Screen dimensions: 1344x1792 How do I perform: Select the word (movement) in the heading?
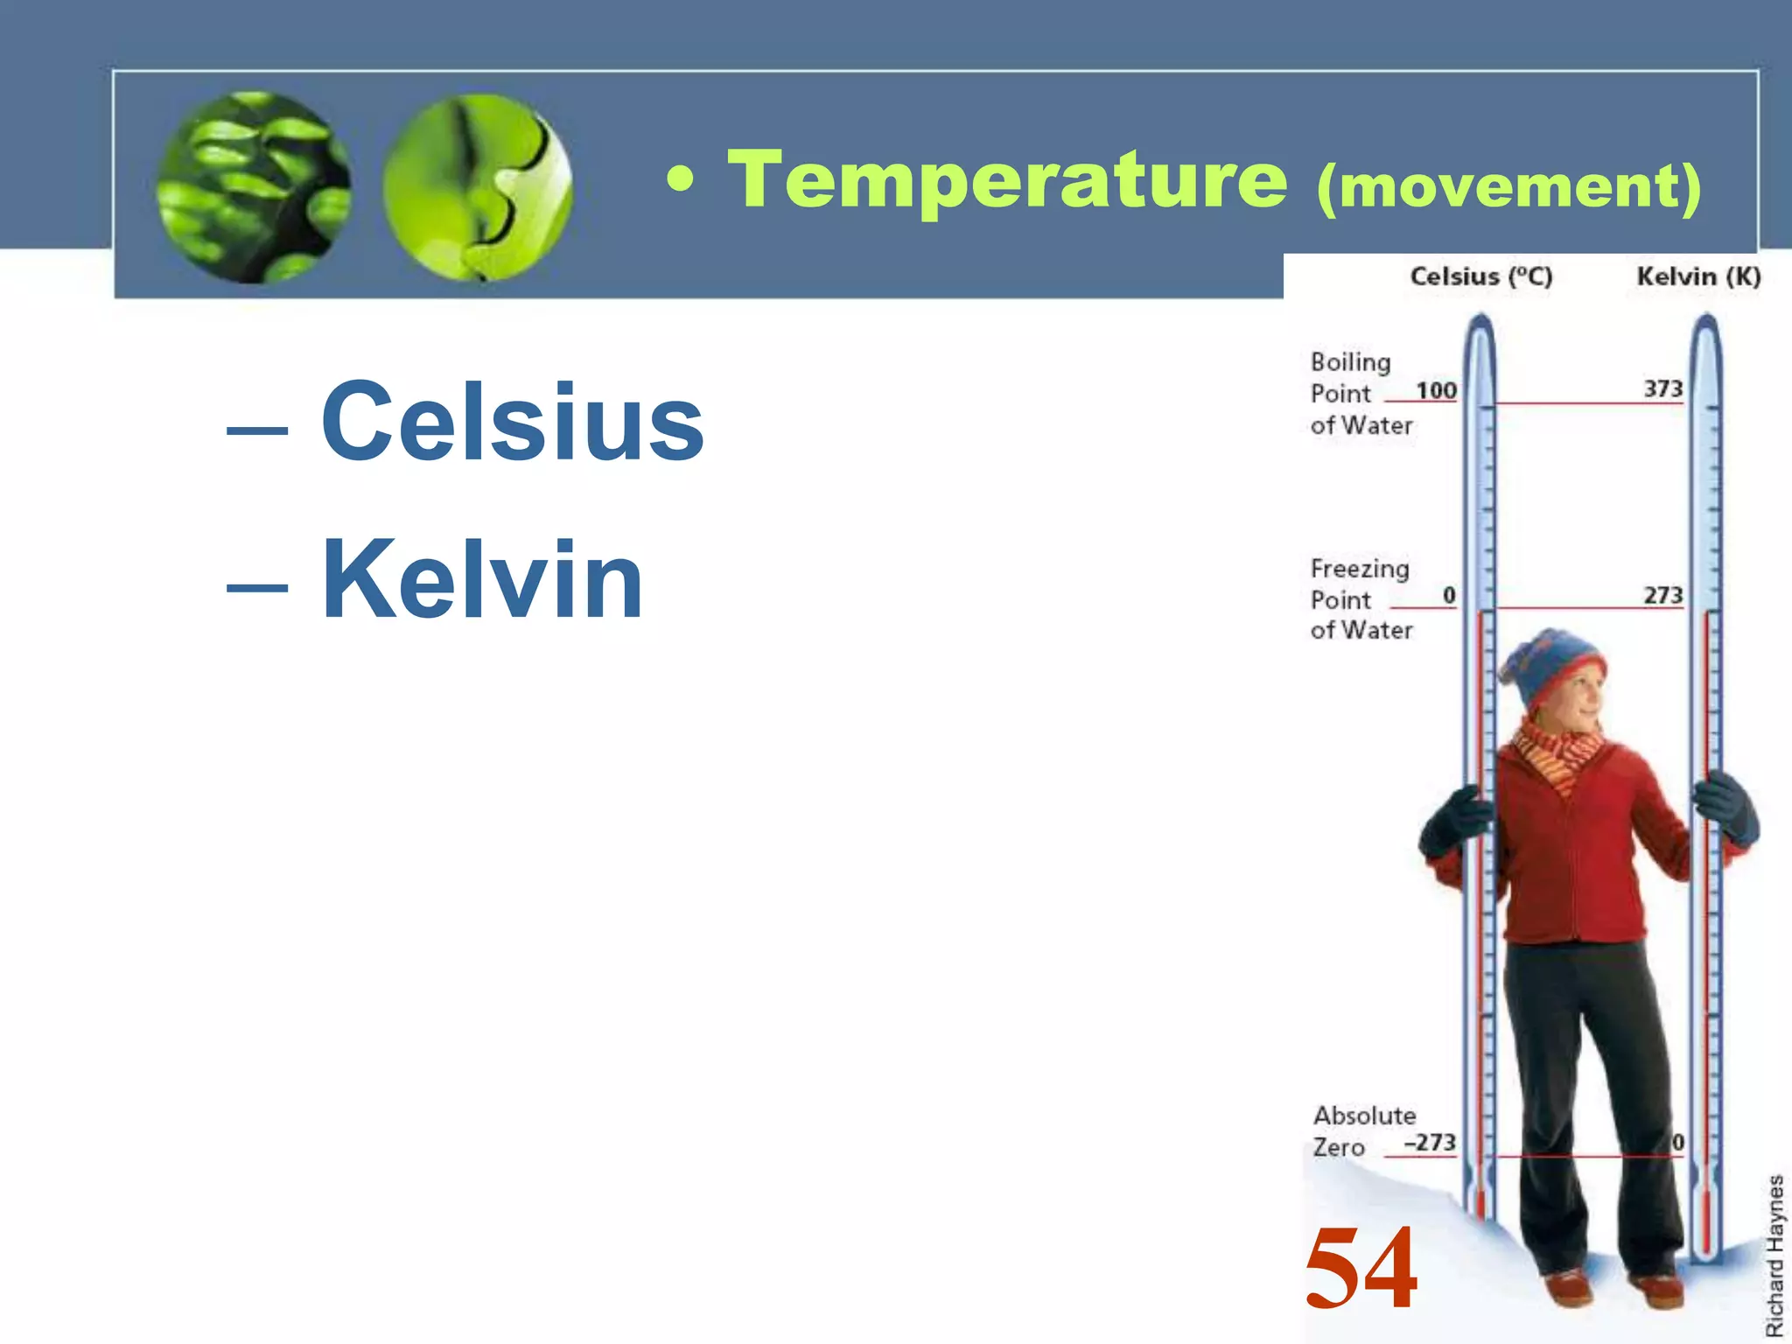click(1508, 185)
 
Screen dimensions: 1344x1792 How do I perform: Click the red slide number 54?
click(1361, 1267)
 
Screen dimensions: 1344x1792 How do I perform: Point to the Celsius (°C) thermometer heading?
click(1480, 276)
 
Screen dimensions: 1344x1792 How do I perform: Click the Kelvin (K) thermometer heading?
click(1698, 276)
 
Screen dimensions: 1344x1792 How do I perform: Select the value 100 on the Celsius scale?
click(1436, 390)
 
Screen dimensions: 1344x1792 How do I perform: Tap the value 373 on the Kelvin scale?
click(1662, 388)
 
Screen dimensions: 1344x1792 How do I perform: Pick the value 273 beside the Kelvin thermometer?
click(1662, 595)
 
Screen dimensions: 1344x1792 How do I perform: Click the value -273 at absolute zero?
click(1430, 1143)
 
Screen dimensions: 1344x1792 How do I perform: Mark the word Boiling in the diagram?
click(1350, 362)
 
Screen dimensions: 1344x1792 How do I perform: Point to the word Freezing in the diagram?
click(1360, 569)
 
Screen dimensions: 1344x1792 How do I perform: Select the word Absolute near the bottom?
click(1364, 1116)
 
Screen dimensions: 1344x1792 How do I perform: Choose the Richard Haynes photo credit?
click(1774, 1255)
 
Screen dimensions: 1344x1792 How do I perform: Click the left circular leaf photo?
click(254, 187)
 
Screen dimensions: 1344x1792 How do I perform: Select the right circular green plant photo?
click(478, 187)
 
